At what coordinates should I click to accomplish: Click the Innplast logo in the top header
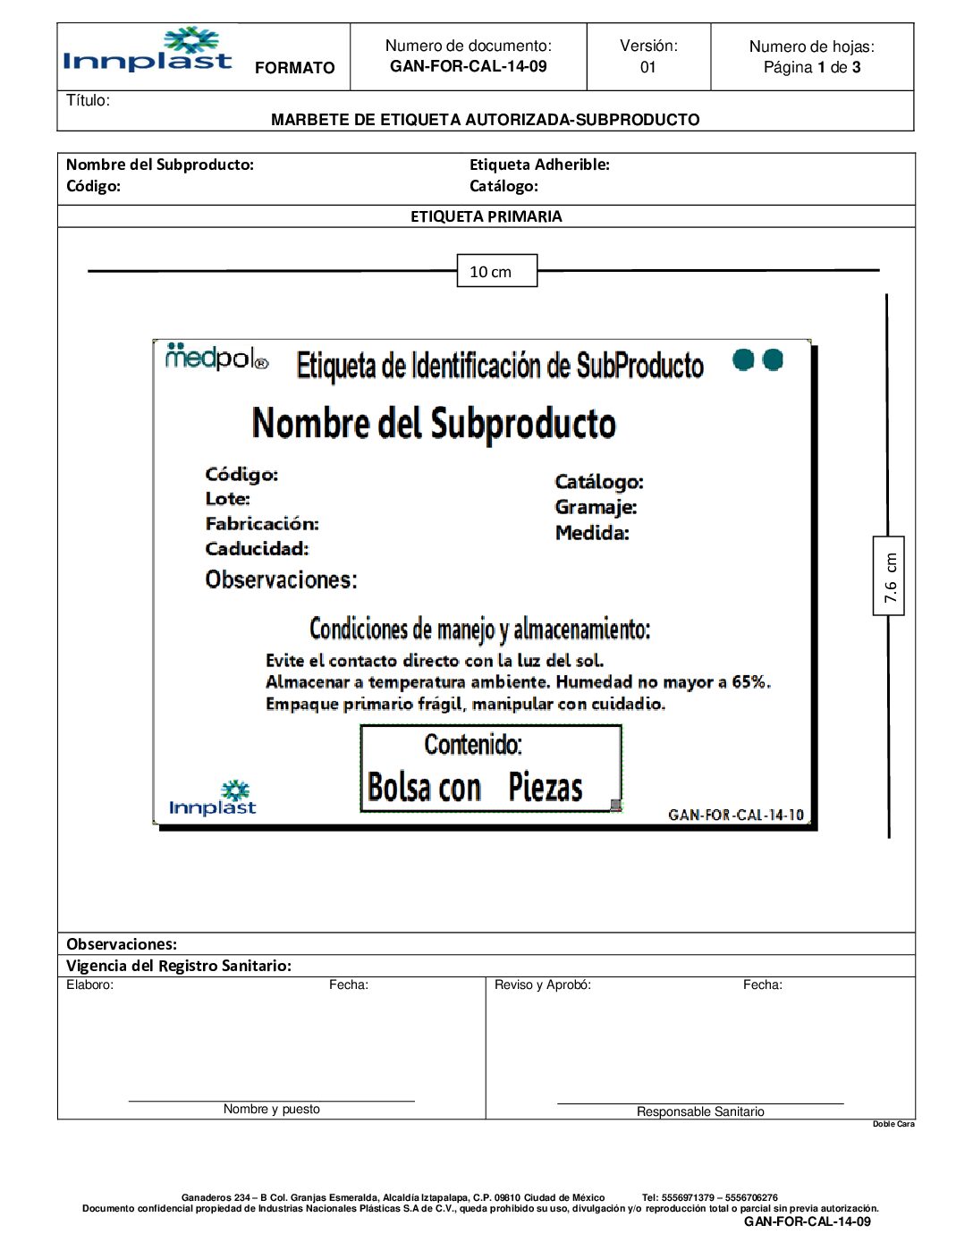click(148, 52)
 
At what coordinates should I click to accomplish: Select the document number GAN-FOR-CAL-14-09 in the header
click(468, 66)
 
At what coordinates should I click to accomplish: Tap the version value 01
click(648, 67)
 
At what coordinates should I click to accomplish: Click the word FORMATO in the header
click(294, 68)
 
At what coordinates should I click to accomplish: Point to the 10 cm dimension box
click(496, 271)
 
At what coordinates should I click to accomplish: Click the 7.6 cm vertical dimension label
click(889, 576)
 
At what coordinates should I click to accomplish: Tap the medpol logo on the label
click(216, 358)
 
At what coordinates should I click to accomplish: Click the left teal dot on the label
click(742, 359)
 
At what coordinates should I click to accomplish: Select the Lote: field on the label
click(228, 499)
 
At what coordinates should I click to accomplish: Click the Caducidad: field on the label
click(257, 549)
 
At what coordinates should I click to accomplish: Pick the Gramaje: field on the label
click(596, 507)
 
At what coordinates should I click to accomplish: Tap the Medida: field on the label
click(592, 533)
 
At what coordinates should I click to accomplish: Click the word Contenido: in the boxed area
click(473, 744)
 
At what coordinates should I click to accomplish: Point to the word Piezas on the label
click(546, 787)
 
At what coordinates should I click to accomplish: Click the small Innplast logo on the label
click(213, 798)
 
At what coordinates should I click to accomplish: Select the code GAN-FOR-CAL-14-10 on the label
click(735, 815)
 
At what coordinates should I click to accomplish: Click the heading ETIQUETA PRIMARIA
click(486, 216)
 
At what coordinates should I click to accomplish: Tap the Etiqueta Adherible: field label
click(539, 165)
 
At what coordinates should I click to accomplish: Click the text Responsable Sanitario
click(700, 1111)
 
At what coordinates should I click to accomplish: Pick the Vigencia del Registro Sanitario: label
click(179, 966)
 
